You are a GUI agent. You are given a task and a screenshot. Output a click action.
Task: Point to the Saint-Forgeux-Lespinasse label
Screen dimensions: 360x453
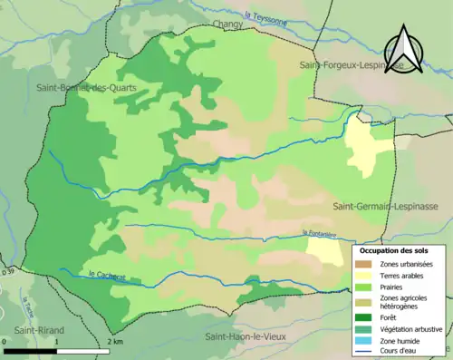pyautogui.click(x=352, y=66)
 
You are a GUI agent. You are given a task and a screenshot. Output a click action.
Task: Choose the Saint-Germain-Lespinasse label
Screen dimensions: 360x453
pyautogui.click(x=385, y=207)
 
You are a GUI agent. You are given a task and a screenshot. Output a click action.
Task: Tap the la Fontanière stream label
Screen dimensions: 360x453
pyautogui.click(x=322, y=234)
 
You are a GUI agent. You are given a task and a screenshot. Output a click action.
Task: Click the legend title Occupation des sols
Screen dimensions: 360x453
pyautogui.click(x=400, y=249)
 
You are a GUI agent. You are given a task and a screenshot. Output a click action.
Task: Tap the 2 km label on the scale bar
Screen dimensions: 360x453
pyautogui.click(x=114, y=342)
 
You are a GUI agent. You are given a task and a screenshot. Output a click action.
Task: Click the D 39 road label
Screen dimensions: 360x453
pyautogui.click(x=8, y=270)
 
